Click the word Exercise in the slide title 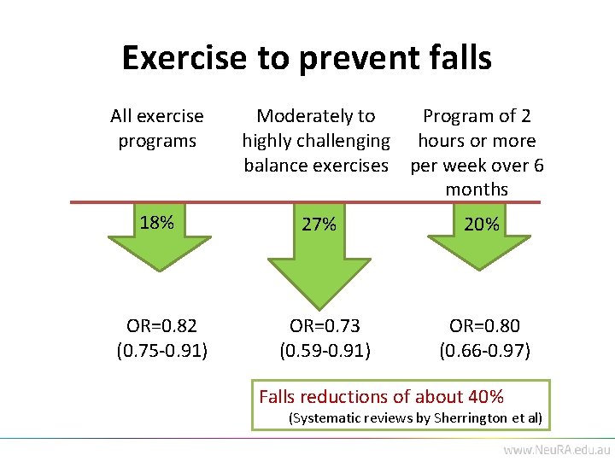coord(183,58)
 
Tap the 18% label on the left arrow coord(157,223)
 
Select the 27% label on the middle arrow coord(319,225)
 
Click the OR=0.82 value coord(161,325)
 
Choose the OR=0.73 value coord(325,325)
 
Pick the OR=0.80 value coord(484,325)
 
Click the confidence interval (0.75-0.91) coord(161,349)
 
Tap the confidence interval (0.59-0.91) coord(325,349)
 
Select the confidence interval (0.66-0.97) coord(484,349)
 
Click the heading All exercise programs coord(157,128)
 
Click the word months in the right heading coord(477,189)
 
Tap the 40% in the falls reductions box coord(486,396)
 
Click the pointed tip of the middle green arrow coord(317,306)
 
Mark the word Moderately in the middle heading coord(295,116)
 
